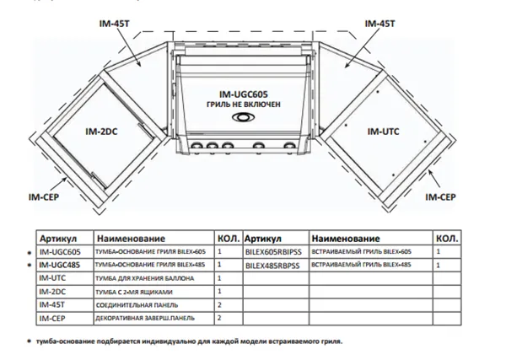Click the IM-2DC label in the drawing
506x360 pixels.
(103, 132)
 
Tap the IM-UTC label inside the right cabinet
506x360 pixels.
(384, 132)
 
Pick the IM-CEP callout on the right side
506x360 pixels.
(441, 195)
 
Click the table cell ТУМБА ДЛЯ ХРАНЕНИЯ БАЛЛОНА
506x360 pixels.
(145, 278)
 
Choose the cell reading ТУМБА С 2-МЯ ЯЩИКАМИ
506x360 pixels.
(139, 292)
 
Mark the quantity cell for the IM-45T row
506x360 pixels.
(220, 305)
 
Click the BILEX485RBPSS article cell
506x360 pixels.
(273, 266)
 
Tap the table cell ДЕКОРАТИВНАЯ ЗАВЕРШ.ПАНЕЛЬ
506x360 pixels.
(150, 319)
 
